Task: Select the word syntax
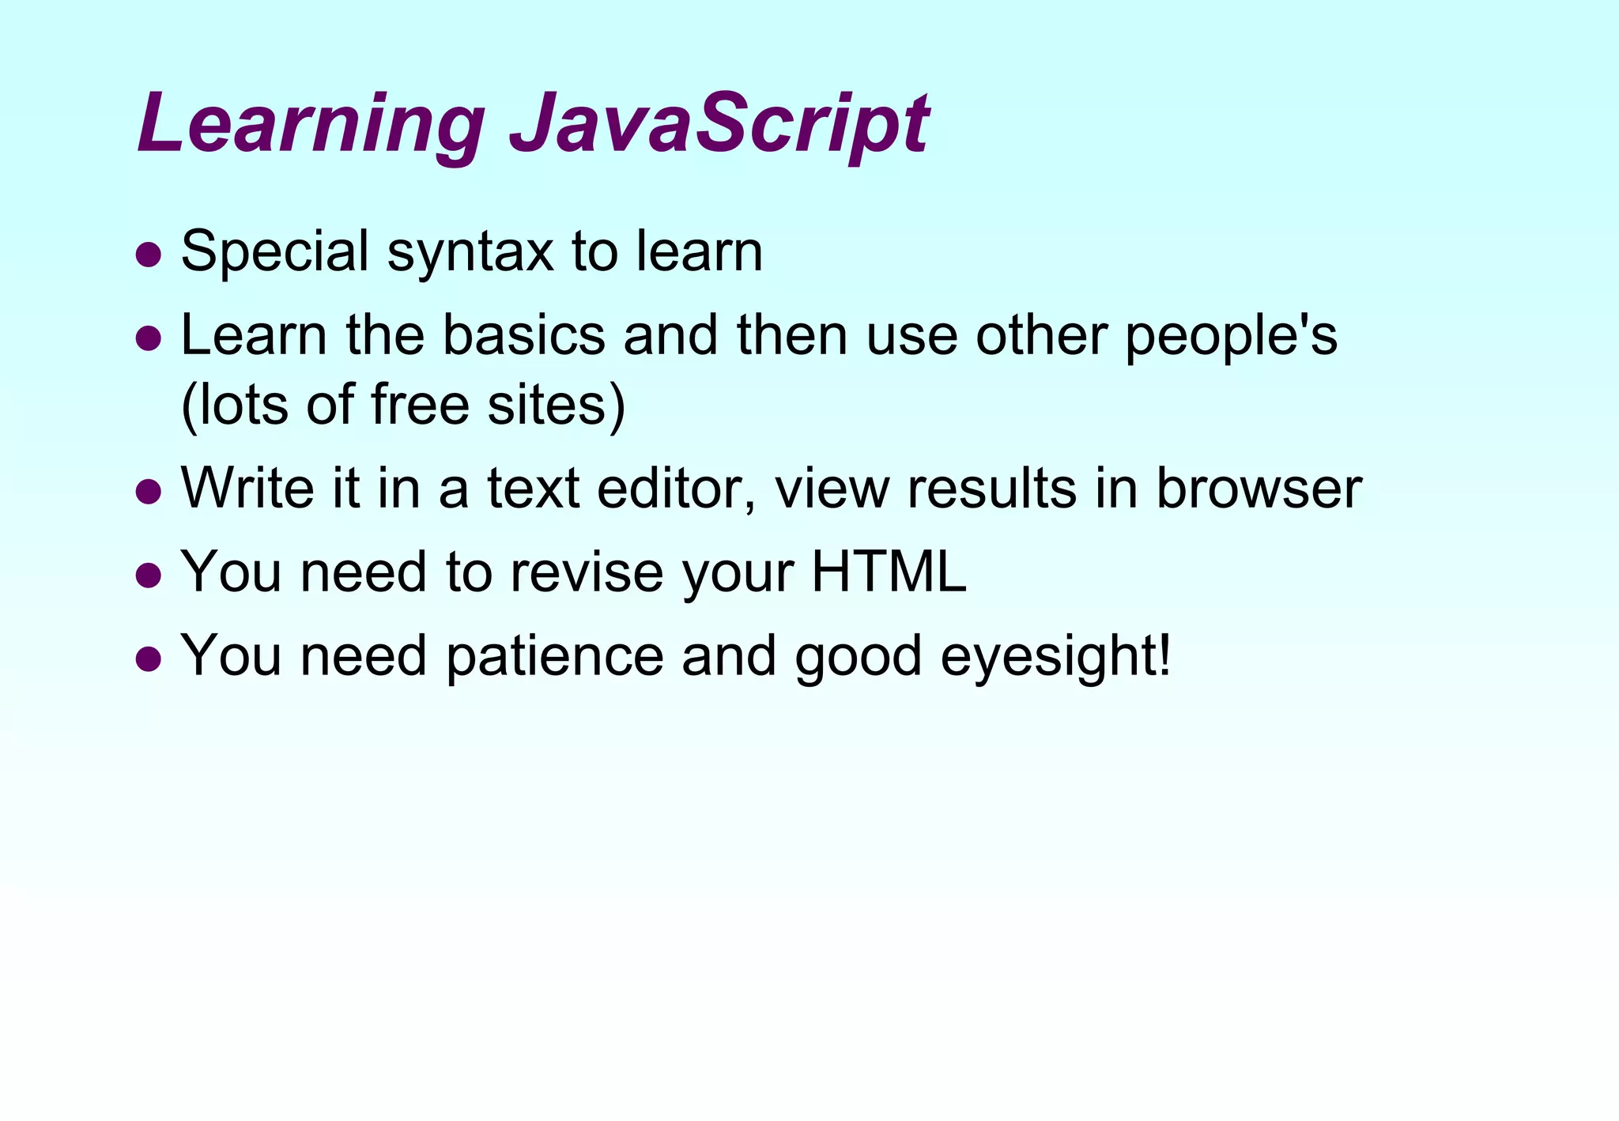(470, 255)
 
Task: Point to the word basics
(524, 335)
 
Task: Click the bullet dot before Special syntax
(149, 256)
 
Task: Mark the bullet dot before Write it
(149, 492)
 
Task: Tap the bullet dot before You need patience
(149, 658)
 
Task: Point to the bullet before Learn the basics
(149, 338)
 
